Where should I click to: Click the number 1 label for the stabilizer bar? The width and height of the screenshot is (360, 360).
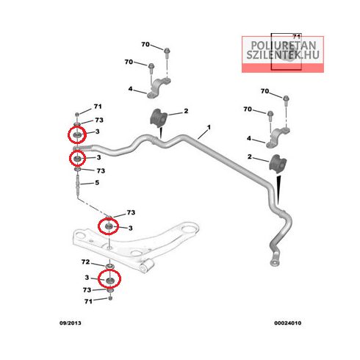(209, 127)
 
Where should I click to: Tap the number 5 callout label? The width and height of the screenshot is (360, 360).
(97, 183)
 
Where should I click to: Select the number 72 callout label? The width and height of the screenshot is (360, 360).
(86, 262)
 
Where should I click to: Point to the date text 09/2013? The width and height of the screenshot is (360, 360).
(71, 323)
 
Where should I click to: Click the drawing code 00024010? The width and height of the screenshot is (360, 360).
(288, 323)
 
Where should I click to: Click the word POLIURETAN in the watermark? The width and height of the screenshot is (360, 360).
(284, 46)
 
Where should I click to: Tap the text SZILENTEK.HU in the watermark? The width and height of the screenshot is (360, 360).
(283, 55)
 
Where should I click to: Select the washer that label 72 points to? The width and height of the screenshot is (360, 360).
(110, 266)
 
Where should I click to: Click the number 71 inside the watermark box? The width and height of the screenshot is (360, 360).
(297, 37)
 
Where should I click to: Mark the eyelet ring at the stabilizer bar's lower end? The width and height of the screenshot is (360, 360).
(275, 263)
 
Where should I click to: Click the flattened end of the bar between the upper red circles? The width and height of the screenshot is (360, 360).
(82, 148)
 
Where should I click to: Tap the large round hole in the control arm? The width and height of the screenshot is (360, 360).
(188, 230)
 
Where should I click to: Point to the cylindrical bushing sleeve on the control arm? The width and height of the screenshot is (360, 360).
(148, 266)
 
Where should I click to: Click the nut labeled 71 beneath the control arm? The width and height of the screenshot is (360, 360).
(110, 298)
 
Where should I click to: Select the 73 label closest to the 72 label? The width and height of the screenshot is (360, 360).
(87, 290)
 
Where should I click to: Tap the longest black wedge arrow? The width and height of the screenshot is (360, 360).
(278, 190)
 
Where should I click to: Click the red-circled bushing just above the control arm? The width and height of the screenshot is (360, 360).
(108, 226)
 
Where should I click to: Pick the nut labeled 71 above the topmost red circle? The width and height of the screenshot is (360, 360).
(77, 115)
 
